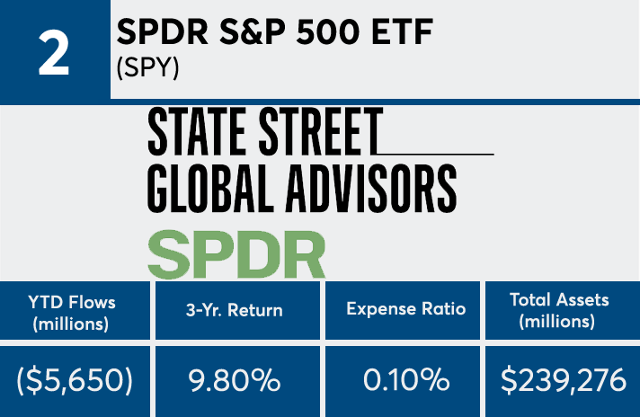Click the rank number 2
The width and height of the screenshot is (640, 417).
[x=55, y=52]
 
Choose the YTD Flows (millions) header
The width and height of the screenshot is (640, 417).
[x=77, y=311]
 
